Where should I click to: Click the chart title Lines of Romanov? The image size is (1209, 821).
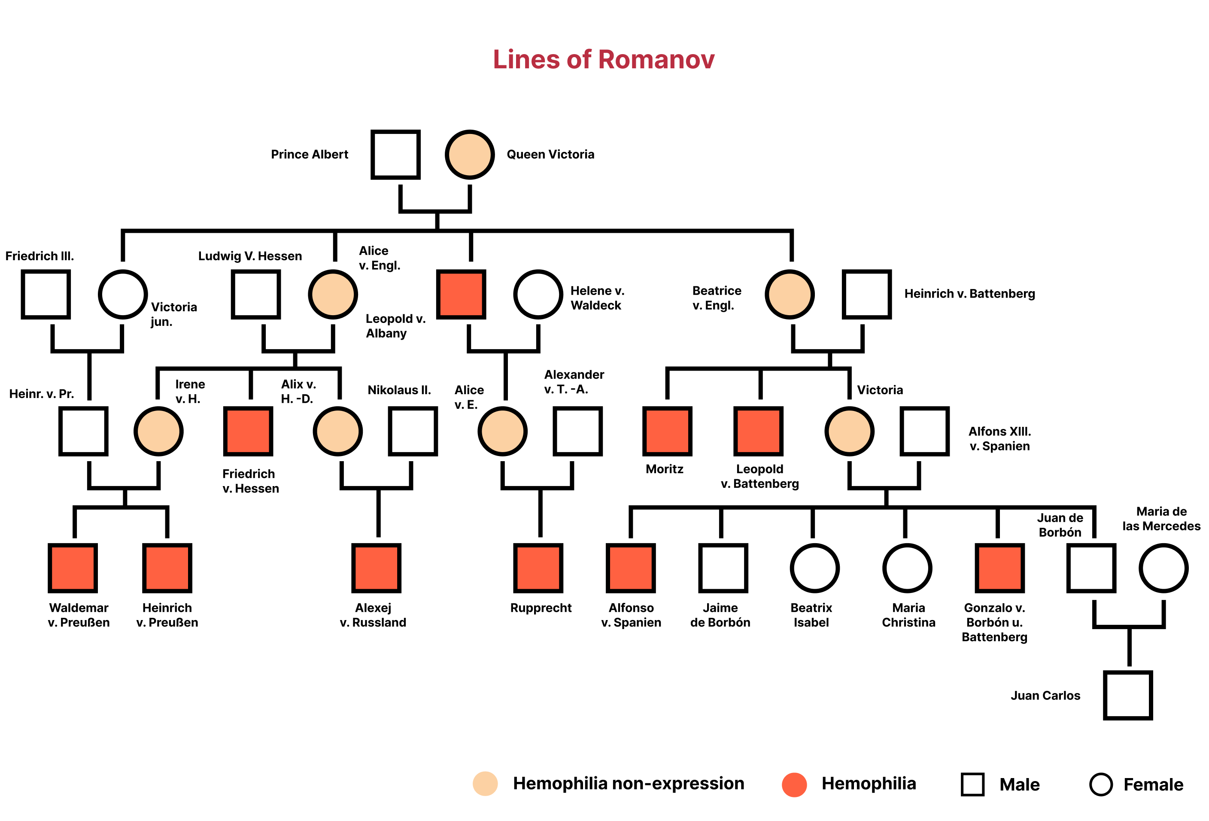click(x=604, y=59)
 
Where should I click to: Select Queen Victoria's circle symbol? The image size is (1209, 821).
click(x=469, y=155)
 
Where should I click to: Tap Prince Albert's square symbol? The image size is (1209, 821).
click(x=395, y=155)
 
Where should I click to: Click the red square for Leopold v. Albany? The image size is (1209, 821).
click(x=461, y=294)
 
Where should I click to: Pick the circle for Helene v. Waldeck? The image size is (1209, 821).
click(x=538, y=294)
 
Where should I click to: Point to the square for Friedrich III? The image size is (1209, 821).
click(x=46, y=294)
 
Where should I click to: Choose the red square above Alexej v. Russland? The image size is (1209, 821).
click(x=376, y=568)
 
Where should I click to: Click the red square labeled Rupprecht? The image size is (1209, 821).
click(x=538, y=568)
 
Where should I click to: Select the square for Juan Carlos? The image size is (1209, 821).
click(x=1128, y=695)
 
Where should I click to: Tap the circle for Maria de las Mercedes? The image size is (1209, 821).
click(x=1163, y=568)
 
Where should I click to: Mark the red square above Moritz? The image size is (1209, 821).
click(x=668, y=431)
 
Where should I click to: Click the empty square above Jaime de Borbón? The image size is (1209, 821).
click(x=723, y=568)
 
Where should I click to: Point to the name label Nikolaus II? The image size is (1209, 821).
click(x=399, y=390)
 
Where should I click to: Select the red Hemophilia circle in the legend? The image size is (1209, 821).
click(x=794, y=784)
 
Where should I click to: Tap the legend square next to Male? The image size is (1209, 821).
click(x=972, y=784)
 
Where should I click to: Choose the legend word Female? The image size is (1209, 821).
click(x=1153, y=785)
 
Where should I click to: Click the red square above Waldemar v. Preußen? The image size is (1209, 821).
click(x=73, y=568)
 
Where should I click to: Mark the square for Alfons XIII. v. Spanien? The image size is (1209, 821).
click(x=924, y=431)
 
